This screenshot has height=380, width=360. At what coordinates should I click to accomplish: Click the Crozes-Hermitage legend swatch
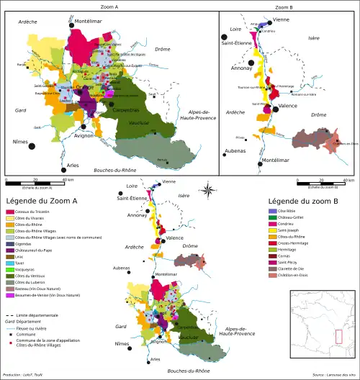(271, 243)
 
